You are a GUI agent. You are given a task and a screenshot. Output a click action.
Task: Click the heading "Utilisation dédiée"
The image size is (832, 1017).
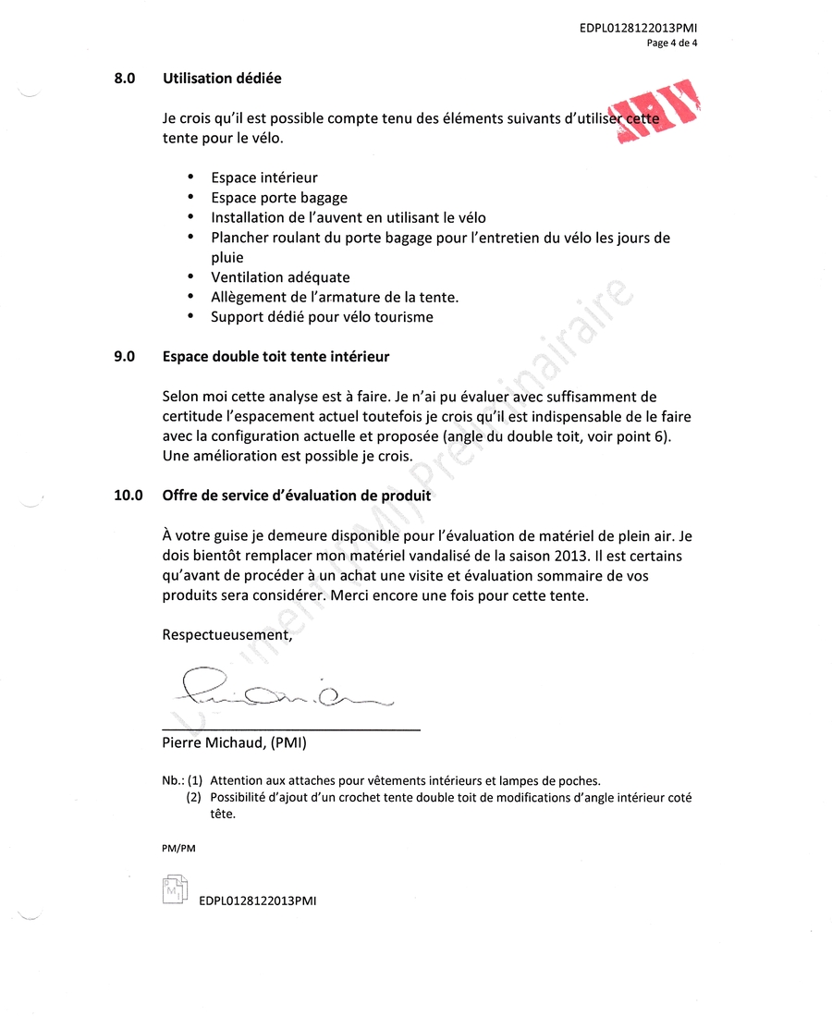[x=222, y=79]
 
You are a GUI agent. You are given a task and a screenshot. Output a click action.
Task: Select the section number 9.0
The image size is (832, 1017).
[x=125, y=356]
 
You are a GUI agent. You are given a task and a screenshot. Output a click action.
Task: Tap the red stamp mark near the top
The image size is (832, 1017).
[x=658, y=113]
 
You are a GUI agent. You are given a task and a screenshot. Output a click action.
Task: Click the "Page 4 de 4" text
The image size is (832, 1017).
[x=672, y=43]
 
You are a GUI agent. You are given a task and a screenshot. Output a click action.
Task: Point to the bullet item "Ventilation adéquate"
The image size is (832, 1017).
[x=280, y=277]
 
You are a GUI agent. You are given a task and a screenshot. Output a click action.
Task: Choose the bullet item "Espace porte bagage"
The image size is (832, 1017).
[x=279, y=198]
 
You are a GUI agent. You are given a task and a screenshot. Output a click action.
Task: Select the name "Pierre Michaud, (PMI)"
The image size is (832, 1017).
[x=234, y=742]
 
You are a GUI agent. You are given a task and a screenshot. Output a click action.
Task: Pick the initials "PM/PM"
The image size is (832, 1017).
[x=178, y=848]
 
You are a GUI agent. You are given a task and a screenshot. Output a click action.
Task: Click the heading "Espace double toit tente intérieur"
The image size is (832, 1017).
[x=275, y=356]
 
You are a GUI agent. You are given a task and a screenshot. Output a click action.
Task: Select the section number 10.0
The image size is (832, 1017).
[x=128, y=496]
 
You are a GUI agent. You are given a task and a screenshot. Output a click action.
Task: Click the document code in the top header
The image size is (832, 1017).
[x=638, y=29]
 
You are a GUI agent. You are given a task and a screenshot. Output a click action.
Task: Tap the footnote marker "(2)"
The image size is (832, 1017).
[x=194, y=797]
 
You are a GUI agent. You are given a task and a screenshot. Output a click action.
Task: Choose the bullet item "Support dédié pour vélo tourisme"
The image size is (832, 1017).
[x=322, y=317]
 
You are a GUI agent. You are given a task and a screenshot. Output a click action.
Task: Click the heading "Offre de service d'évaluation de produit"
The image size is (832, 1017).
[x=297, y=496]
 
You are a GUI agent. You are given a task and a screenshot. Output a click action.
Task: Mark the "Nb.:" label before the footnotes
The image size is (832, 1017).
[x=172, y=780]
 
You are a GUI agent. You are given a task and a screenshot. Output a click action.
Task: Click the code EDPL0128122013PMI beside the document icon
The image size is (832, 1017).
[x=258, y=901]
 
